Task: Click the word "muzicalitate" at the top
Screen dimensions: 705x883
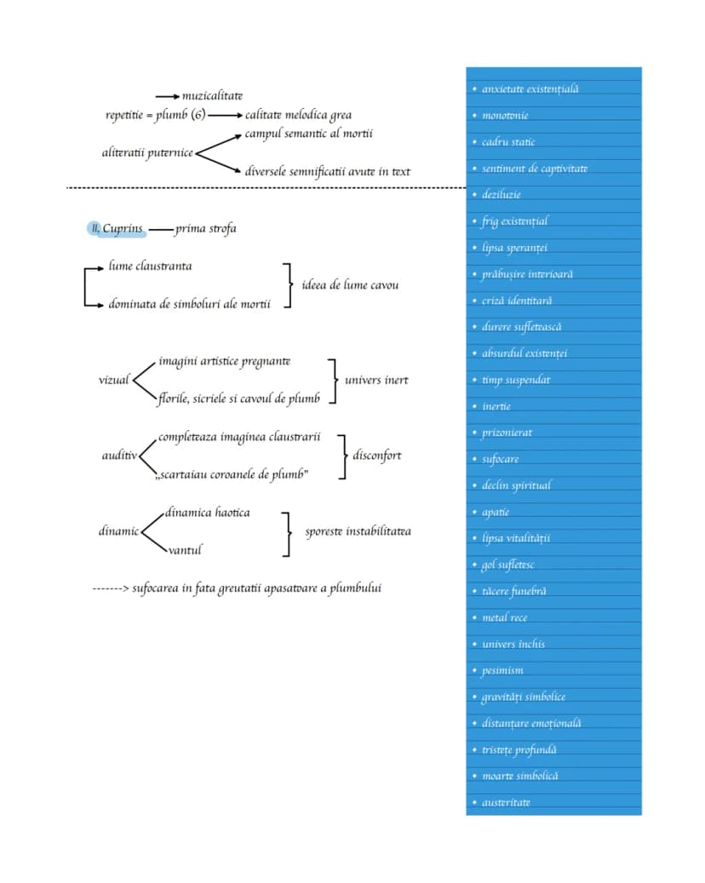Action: pyautogui.click(x=212, y=95)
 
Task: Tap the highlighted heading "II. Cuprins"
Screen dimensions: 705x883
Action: pyautogui.click(x=117, y=229)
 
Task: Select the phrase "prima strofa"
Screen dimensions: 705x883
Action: pyautogui.click(x=205, y=229)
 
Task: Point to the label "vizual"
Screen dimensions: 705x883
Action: pyautogui.click(x=114, y=380)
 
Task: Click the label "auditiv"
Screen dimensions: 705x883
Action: pyautogui.click(x=119, y=456)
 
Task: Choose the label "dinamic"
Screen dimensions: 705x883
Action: pyautogui.click(x=118, y=531)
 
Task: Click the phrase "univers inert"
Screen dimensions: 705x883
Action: pyautogui.click(x=376, y=380)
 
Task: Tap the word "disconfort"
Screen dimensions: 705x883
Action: pyautogui.click(x=376, y=456)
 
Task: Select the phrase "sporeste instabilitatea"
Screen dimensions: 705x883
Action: pyautogui.click(x=358, y=531)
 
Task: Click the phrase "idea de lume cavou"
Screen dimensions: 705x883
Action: pyautogui.click(x=350, y=285)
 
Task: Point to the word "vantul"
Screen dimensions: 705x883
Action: pyautogui.click(x=185, y=550)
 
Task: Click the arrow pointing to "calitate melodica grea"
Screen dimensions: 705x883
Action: pyautogui.click(x=226, y=116)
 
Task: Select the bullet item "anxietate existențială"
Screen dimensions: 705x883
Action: pyautogui.click(x=530, y=89)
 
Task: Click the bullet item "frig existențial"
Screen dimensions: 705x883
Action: pyautogui.click(x=514, y=221)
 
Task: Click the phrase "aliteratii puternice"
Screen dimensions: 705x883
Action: pyautogui.click(x=147, y=152)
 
